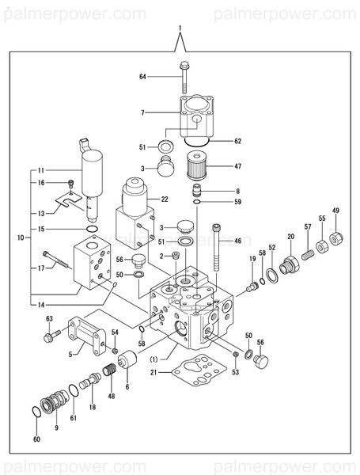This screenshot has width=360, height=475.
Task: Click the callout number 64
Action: point(143,77)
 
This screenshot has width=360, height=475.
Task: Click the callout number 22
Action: point(165,199)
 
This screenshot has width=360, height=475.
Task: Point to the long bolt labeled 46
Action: point(218,249)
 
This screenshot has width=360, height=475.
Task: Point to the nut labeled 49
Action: point(336,237)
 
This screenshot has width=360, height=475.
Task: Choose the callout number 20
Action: point(290,237)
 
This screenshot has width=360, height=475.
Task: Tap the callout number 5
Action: point(71,355)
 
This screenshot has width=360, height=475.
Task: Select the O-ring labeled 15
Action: point(93,230)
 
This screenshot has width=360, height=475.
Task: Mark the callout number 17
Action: point(41,268)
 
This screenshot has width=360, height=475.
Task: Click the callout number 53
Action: point(235,371)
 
